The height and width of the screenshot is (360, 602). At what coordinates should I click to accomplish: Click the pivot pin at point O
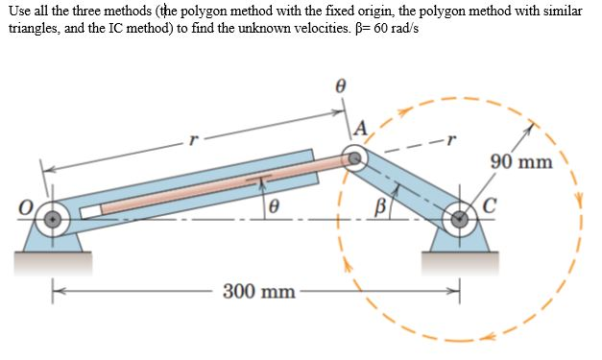56,218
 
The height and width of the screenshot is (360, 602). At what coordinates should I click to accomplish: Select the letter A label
360,129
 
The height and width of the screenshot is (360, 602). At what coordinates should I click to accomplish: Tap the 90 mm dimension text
520,160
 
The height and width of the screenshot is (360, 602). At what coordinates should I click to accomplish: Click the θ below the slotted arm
274,205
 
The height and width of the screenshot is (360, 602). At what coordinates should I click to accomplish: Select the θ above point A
339,86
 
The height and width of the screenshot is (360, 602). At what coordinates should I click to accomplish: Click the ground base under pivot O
54,256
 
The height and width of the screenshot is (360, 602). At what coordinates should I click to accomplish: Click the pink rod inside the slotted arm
211,190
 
